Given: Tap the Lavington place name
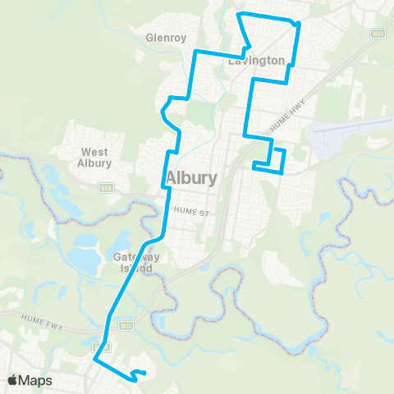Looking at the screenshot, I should [262, 61].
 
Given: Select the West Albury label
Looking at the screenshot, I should [95, 158].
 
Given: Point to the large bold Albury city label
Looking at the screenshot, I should [191, 178].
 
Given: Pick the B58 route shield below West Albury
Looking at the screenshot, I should [105, 187].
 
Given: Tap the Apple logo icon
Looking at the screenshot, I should [13, 380].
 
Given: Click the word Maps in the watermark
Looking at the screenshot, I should [36, 380].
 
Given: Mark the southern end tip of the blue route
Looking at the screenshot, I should [144, 374].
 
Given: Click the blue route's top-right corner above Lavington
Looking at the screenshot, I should [298, 24].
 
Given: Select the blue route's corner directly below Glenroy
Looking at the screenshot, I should [195, 52].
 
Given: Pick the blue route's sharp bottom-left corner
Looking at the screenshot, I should [94, 359].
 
